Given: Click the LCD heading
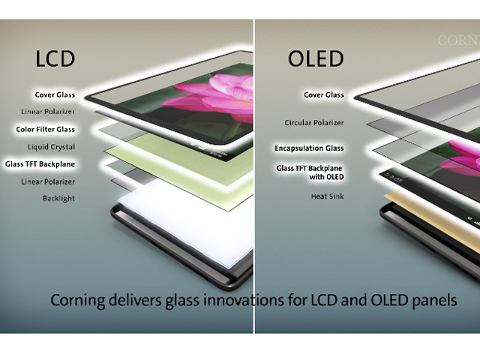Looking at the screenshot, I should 55,58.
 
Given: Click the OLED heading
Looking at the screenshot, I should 316,58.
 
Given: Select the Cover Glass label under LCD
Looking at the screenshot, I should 54,95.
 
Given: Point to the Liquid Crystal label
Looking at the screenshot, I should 51,147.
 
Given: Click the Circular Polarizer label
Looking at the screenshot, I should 313,122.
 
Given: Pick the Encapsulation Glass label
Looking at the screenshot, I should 309,148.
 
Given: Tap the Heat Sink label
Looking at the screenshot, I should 327,196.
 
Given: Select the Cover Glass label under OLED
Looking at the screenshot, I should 323,95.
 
